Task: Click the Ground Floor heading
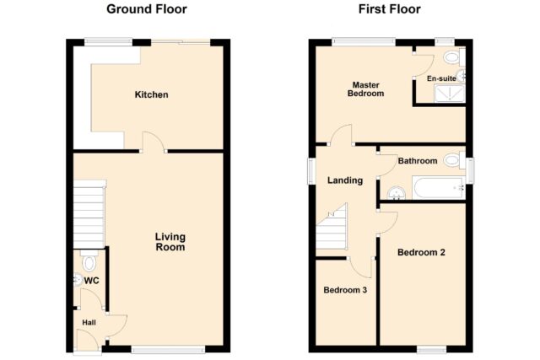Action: (147, 9)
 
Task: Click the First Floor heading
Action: (390, 9)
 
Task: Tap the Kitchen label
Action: (152, 94)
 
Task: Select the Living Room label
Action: (170, 242)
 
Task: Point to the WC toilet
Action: (89, 261)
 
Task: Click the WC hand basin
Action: (78, 279)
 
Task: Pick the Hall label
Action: (89, 323)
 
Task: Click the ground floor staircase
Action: (89, 214)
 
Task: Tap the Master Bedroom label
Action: (365, 89)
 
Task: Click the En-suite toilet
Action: (454, 56)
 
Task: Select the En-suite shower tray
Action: (450, 93)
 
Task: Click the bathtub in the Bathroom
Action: (439, 188)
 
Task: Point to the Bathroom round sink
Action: (396, 193)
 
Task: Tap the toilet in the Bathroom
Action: (454, 160)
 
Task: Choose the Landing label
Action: (345, 180)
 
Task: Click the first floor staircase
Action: (332, 227)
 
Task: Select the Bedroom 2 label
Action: (421, 252)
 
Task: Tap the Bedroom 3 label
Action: (345, 290)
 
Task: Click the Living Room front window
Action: (169, 350)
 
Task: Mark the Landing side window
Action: (311, 170)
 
